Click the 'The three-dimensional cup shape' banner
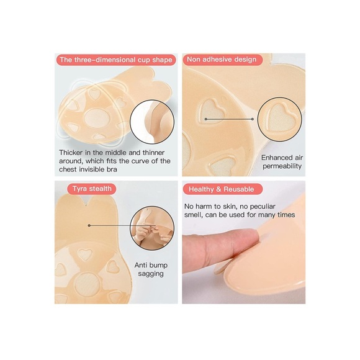pos(115,60)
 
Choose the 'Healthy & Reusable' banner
pos(223,189)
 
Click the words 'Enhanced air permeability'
pos(281,162)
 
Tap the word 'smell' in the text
pos(197,215)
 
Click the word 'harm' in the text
pos(210,206)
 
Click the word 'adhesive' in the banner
pos(221,60)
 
